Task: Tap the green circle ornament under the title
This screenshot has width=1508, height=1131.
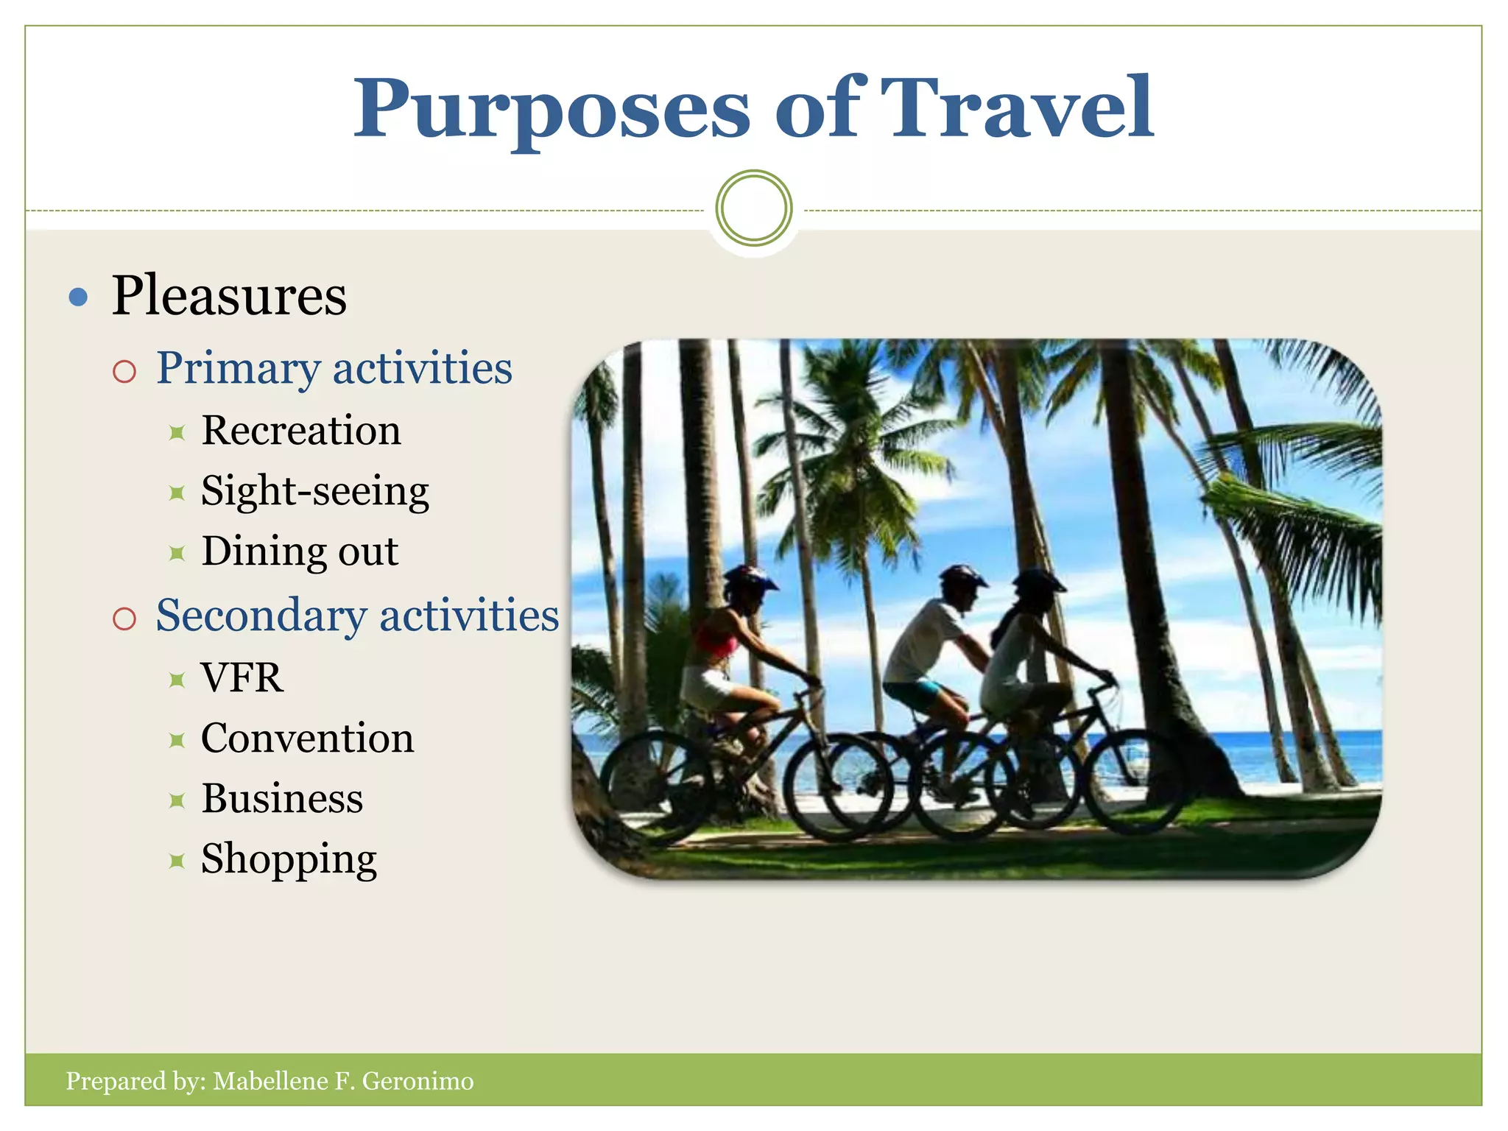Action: pyautogui.click(x=754, y=208)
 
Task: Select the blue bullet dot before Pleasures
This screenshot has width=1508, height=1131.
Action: pyautogui.click(x=78, y=297)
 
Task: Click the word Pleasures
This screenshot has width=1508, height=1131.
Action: pyautogui.click(x=229, y=296)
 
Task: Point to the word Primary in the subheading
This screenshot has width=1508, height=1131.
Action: pyautogui.click(x=238, y=369)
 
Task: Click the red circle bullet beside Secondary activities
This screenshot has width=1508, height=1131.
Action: pyautogui.click(x=124, y=618)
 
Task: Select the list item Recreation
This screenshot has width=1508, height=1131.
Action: pyautogui.click(x=301, y=431)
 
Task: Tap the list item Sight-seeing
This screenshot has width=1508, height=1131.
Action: pyautogui.click(x=314, y=492)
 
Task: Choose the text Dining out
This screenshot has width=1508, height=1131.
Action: pyautogui.click(x=300, y=552)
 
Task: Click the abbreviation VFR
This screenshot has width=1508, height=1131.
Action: pyautogui.click(x=242, y=678)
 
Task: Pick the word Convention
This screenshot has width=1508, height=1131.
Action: pyautogui.click(x=307, y=739)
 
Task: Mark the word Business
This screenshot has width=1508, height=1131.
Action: pyautogui.click(x=282, y=799)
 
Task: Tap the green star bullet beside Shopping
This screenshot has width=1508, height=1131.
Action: pyautogui.click(x=177, y=860)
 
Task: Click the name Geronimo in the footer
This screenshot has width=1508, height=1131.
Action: pyautogui.click(x=417, y=1081)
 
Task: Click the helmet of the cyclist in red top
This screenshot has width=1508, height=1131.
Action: pyautogui.click(x=748, y=579)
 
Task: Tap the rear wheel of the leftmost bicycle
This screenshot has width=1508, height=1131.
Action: pyautogui.click(x=658, y=784)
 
